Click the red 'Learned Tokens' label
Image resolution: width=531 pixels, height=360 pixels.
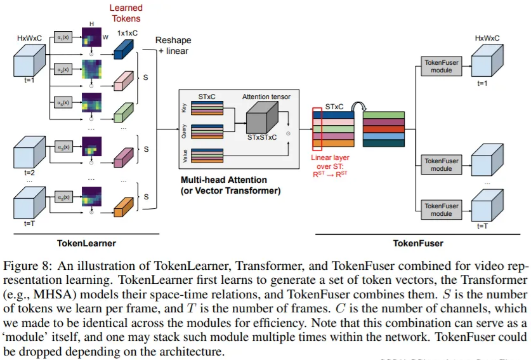coord(126,13)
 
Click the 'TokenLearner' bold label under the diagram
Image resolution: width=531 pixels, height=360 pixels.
coord(86,242)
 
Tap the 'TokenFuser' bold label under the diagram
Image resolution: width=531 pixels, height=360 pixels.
coord(417,243)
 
